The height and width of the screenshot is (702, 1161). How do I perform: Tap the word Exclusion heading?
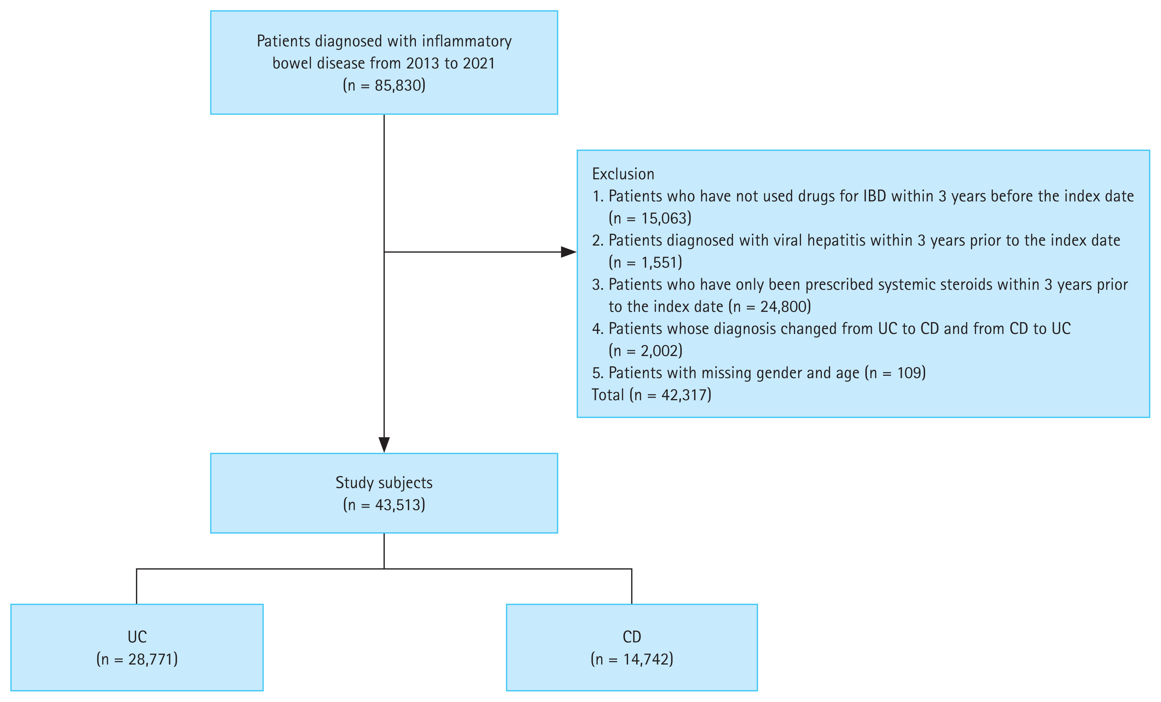623,174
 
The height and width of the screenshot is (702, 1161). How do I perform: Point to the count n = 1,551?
645,262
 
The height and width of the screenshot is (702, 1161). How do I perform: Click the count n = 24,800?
770,306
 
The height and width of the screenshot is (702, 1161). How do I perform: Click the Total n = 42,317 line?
651,394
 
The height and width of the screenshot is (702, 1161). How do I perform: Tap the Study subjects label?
384,482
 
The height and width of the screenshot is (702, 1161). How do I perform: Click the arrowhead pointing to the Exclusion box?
568,252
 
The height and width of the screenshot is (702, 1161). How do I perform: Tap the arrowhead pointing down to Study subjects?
384,444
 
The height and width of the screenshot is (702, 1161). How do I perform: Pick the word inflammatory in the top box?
466,41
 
